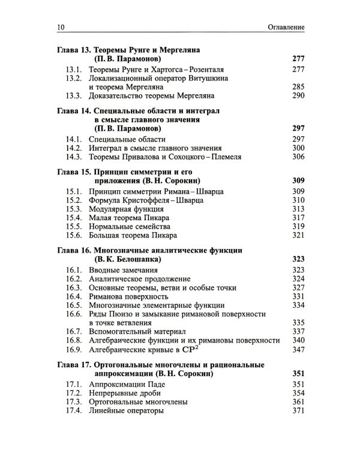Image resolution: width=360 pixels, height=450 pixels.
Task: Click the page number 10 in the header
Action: [x=58, y=28]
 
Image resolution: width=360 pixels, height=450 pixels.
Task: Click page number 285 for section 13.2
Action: [x=298, y=86]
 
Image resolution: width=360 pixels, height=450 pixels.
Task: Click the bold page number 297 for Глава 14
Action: [x=298, y=128]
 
